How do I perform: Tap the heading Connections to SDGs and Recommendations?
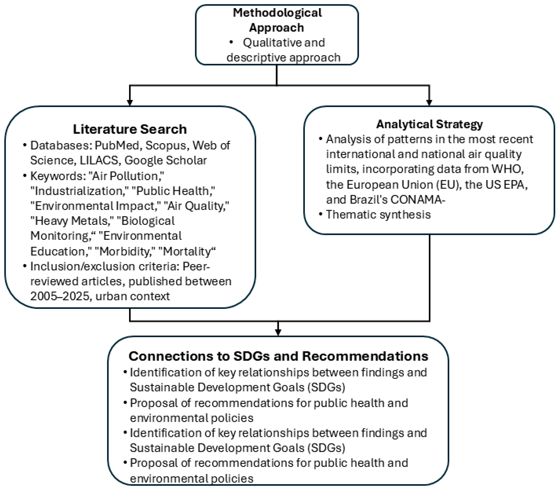278,356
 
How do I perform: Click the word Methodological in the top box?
277,13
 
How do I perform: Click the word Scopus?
166,145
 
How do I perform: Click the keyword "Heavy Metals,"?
72,221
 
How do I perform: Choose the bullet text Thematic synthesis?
378,214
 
